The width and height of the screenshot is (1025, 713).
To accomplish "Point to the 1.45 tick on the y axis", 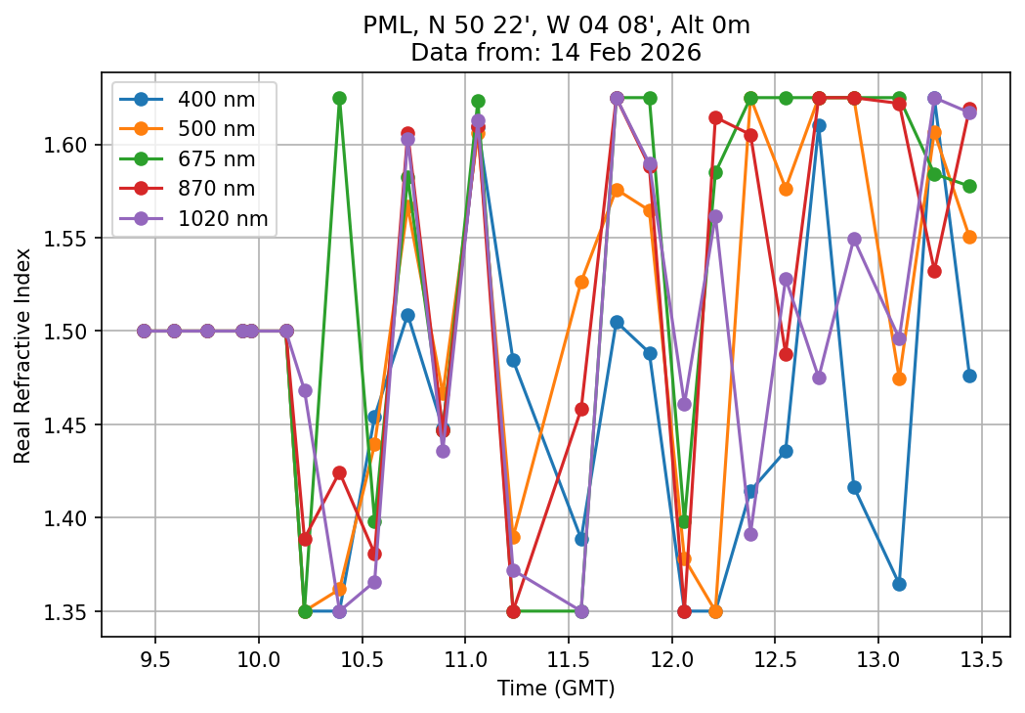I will point(73,425).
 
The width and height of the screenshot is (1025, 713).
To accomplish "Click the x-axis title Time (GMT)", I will point(554,689).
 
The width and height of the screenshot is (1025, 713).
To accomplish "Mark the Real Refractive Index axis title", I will point(22,356).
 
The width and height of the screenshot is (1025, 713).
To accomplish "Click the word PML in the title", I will point(381,26).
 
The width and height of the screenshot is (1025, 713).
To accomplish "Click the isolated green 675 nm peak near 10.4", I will point(339,98).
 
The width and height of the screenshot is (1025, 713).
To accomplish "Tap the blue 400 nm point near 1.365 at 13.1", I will point(899,584).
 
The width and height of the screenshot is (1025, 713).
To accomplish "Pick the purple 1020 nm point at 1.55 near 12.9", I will point(854,239).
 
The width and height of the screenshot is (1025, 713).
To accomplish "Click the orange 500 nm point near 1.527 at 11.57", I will point(581,282).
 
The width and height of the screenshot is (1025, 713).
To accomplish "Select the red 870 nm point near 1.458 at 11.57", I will point(581,409).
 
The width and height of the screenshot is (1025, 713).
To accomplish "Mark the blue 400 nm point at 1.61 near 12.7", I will point(819,125).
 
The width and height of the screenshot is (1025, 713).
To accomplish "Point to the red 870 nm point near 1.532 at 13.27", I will point(934,271).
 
